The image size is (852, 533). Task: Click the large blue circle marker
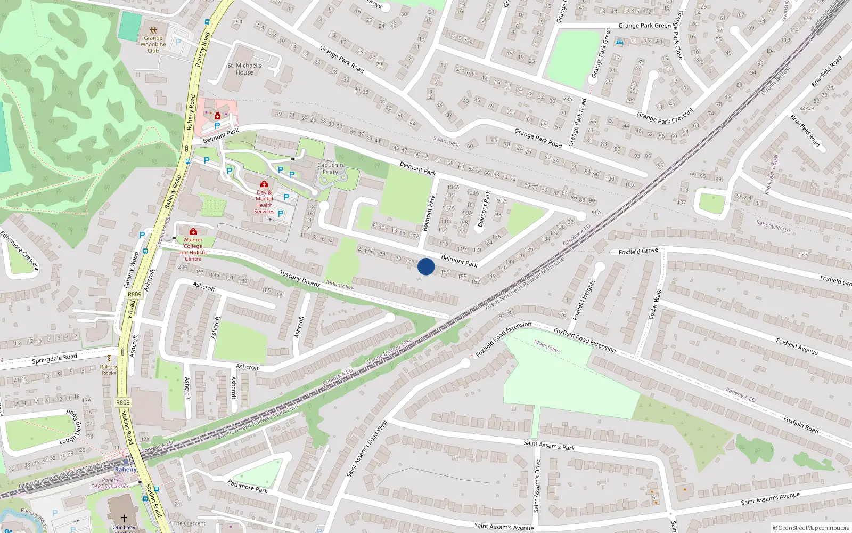click(426, 266)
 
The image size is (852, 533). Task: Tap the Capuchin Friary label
click(330, 168)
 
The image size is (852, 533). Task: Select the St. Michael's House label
click(244, 69)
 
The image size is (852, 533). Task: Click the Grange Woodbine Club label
click(153, 44)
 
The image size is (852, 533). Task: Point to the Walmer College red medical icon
click(193, 231)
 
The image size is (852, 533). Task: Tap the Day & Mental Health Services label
click(264, 201)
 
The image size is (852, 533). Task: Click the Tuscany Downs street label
click(300, 278)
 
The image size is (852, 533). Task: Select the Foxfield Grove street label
click(638, 251)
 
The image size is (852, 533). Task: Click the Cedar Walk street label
click(654, 305)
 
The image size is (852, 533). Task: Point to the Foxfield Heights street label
click(583, 300)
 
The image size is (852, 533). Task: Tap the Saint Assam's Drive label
click(537, 486)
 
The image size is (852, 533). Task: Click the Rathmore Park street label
click(248, 486)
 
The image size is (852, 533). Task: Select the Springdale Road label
click(54, 359)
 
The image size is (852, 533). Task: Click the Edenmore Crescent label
click(19, 251)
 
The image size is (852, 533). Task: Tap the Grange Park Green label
click(644, 26)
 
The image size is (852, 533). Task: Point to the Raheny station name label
click(126, 470)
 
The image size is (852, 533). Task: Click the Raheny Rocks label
click(109, 370)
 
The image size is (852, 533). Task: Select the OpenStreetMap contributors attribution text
click(811, 528)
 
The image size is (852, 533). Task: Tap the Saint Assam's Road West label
click(366, 449)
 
